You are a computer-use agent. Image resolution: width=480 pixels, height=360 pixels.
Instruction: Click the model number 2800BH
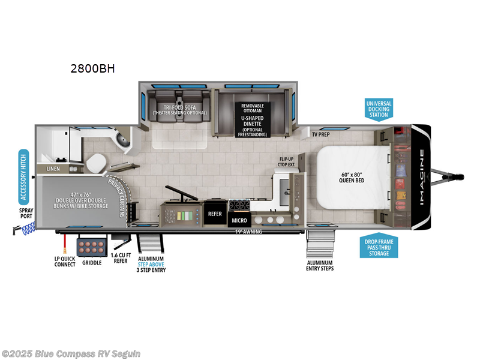click(x=92, y=68)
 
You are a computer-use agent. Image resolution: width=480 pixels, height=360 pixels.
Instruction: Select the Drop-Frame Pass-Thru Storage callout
click(x=379, y=247)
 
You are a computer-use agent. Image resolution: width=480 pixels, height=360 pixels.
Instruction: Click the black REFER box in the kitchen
click(x=215, y=213)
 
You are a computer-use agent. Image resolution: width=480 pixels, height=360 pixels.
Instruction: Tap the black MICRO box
click(x=239, y=221)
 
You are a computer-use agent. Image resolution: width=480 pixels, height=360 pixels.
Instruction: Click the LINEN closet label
click(x=54, y=169)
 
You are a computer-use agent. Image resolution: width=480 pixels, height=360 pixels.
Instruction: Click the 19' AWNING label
click(x=248, y=231)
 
